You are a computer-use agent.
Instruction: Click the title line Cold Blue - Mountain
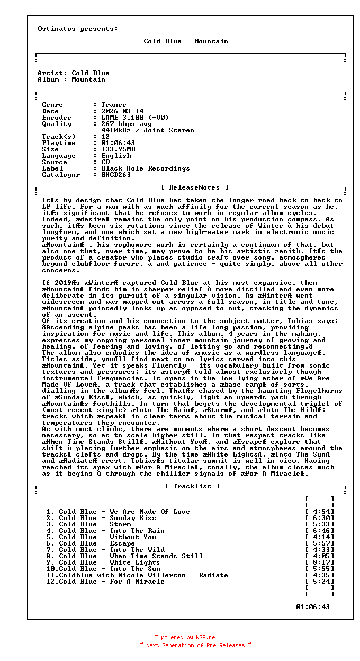click(186, 41)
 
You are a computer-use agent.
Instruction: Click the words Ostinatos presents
click(78, 29)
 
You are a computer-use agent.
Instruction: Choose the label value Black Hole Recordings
click(146, 168)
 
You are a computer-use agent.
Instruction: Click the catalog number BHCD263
click(116, 175)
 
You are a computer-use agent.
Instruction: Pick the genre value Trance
click(114, 105)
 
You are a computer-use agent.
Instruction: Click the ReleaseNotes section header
click(194, 187)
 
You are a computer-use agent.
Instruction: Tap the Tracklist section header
click(192, 486)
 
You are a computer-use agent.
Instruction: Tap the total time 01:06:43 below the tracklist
click(313, 607)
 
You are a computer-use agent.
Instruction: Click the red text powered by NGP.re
click(188, 638)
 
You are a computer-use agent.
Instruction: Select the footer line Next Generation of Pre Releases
click(195, 645)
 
